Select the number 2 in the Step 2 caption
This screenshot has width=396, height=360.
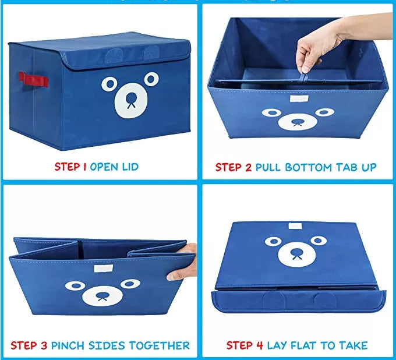click(249, 167)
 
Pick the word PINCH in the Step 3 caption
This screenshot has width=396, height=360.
click(70, 345)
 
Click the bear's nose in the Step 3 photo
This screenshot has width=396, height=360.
click(101, 294)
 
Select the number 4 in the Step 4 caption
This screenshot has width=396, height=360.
click(260, 345)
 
